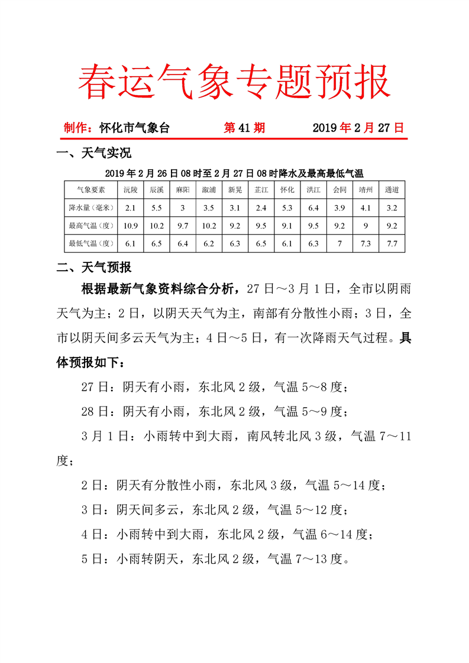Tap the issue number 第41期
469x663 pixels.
coord(244,128)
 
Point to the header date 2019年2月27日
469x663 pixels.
coord(358,128)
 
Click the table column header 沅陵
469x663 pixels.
coord(131,190)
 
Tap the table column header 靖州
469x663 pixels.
coord(366,190)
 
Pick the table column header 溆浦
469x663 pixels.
coord(208,190)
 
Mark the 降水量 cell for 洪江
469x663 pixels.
coord(313,207)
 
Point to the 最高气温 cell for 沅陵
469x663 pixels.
coord(131,225)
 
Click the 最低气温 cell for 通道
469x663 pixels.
coord(392,243)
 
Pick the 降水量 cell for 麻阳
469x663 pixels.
coord(183,207)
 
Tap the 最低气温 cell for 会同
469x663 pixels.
coord(339,243)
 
